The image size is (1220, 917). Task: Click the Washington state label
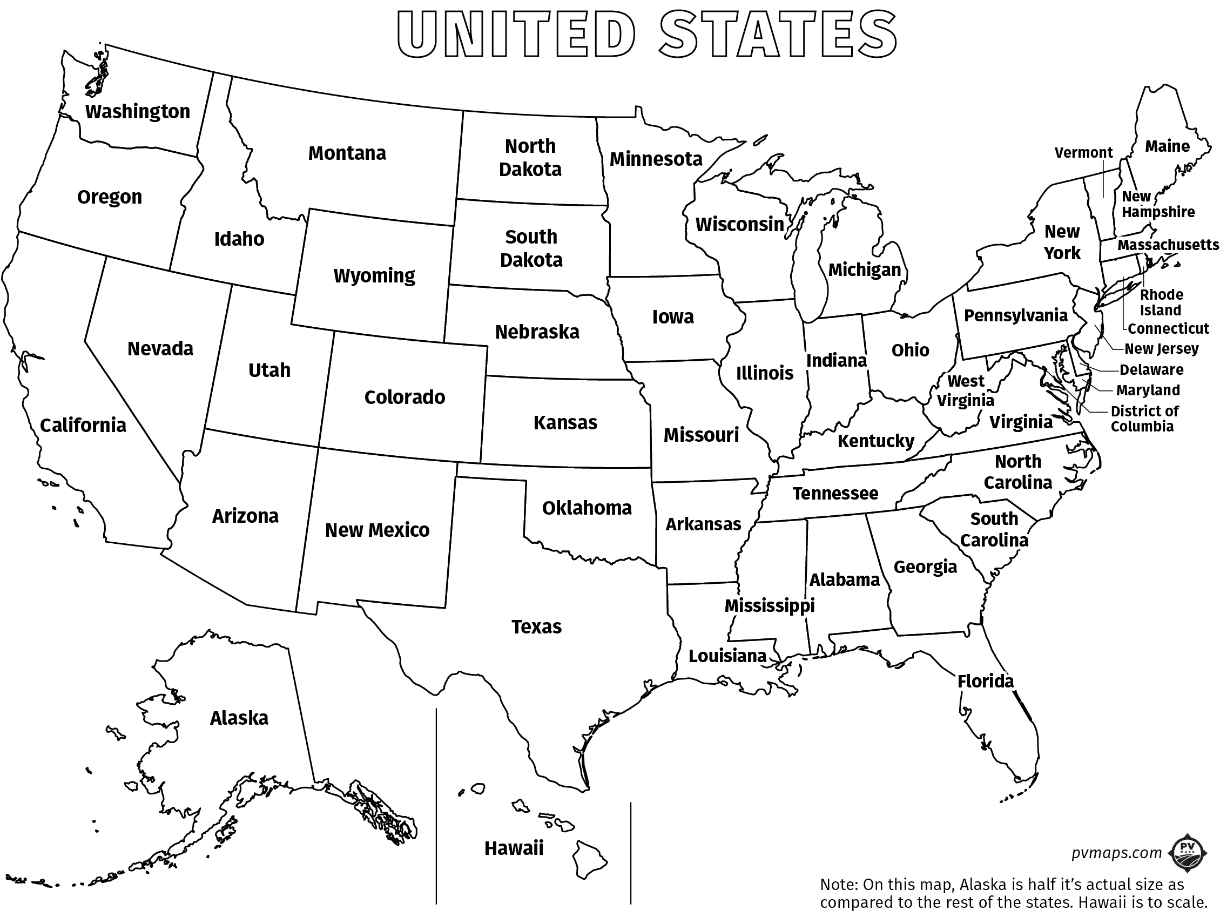click(x=138, y=112)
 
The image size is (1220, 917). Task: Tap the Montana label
click(x=347, y=153)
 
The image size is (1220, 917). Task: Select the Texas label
click(x=537, y=627)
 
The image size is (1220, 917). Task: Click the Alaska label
click(x=239, y=718)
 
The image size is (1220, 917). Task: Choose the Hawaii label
click(x=514, y=848)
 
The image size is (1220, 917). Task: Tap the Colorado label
click(x=405, y=397)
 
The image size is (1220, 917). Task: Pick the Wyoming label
click(x=374, y=275)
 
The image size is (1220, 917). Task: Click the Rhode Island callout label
click(x=1161, y=302)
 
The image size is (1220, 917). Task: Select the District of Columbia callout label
click(x=1144, y=419)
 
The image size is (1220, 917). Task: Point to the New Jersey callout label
click(x=1162, y=349)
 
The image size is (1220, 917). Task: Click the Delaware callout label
click(x=1152, y=370)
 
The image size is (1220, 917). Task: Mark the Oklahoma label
click(x=587, y=508)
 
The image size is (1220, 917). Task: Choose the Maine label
click(x=1167, y=146)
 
